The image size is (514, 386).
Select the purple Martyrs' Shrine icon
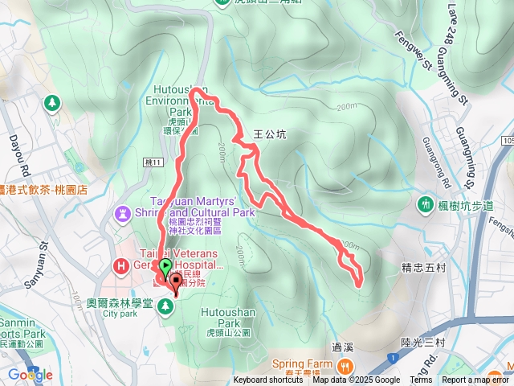[122, 214]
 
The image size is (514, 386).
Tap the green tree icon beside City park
[166, 306]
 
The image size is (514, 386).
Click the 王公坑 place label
[269, 134]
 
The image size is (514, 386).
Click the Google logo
[30, 375]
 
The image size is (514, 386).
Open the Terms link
[421, 380]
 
